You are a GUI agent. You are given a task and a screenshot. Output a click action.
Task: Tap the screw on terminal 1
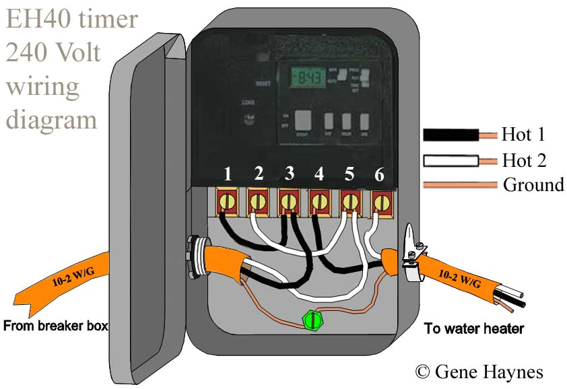(x=228, y=201)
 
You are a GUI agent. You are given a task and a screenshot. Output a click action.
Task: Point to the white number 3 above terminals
(x=289, y=174)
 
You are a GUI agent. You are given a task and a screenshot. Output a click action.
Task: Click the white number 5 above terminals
(x=349, y=174)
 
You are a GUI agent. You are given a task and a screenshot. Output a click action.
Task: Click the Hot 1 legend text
(x=523, y=135)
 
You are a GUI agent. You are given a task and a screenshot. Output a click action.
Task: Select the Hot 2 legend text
(x=523, y=161)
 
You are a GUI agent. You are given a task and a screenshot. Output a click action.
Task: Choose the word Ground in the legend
(x=533, y=185)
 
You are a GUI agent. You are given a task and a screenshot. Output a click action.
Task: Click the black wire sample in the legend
(x=451, y=135)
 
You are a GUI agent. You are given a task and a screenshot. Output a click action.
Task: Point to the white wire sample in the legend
(x=451, y=161)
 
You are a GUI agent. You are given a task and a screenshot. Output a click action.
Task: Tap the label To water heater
(x=473, y=328)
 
